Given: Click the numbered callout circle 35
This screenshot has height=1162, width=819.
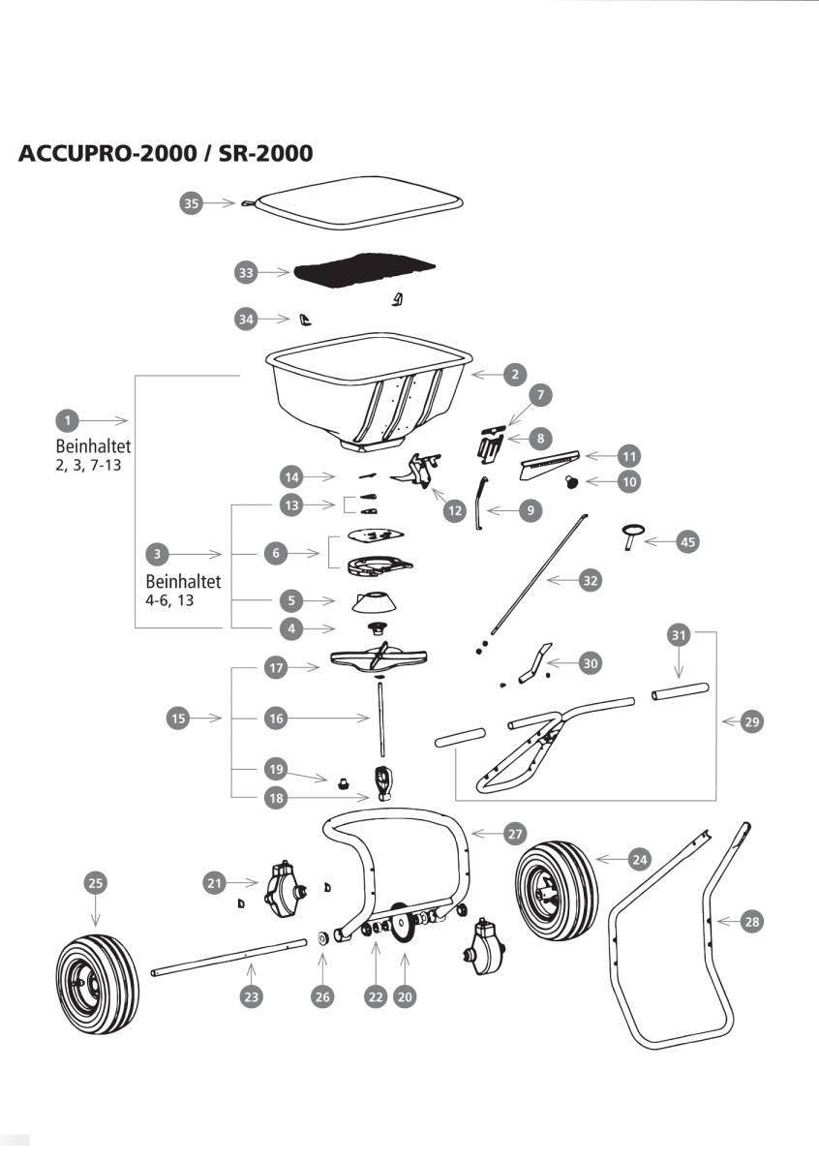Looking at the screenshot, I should pos(191,203).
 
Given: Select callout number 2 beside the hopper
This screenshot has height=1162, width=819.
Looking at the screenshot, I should pos(515,374).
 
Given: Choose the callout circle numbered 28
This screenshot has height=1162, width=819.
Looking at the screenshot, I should pos(751,922).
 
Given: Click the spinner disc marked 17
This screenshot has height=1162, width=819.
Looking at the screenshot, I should pos(378,660).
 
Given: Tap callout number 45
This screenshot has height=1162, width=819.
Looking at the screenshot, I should pos(687,542).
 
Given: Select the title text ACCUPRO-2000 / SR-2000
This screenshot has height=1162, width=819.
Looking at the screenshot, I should pos(166,153).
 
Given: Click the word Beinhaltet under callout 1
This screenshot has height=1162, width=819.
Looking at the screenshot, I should pos(93,448).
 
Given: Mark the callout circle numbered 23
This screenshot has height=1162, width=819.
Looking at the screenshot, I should pos(251,996).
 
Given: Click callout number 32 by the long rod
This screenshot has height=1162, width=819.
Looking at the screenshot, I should pos(590,581).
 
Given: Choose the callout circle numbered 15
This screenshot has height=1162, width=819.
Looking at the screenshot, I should pos(178,719).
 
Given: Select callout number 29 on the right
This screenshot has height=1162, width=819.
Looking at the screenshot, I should pos(751,722).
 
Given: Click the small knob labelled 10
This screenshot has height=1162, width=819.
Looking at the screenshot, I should pos(572,480).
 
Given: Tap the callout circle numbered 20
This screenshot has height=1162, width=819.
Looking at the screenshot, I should pos(405,996).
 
